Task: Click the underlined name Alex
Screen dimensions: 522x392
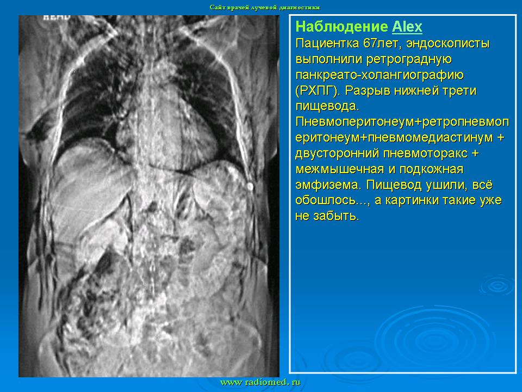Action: point(407,27)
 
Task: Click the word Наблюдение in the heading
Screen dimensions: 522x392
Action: point(341,27)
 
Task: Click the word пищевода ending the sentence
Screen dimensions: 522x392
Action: point(327,106)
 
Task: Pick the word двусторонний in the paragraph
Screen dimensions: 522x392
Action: point(337,154)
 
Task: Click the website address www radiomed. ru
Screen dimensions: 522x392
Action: point(260,382)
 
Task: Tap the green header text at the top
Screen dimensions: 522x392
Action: point(265,7)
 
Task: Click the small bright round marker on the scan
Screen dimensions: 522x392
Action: point(250,186)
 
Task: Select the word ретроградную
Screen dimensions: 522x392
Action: point(409,59)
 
